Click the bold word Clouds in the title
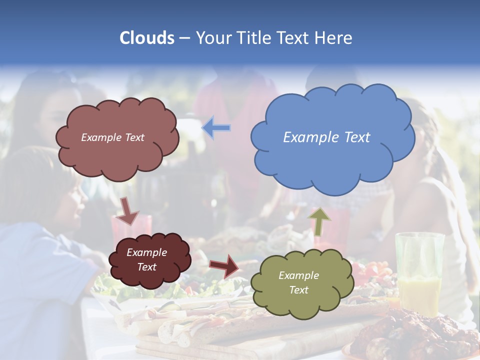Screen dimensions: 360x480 pyautogui.click(x=147, y=37)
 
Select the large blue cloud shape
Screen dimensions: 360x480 pyautogui.click(x=332, y=160)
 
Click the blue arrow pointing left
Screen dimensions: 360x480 pyautogui.click(x=216, y=127)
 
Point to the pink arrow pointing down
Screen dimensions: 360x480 pyautogui.click(x=126, y=210)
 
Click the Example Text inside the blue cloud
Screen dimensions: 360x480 pyautogui.click(x=326, y=137)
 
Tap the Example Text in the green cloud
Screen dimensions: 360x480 pyautogui.click(x=298, y=282)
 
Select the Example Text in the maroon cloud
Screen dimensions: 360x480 pyautogui.click(x=146, y=259)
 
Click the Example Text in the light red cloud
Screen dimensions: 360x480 pyautogui.click(x=112, y=137)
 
